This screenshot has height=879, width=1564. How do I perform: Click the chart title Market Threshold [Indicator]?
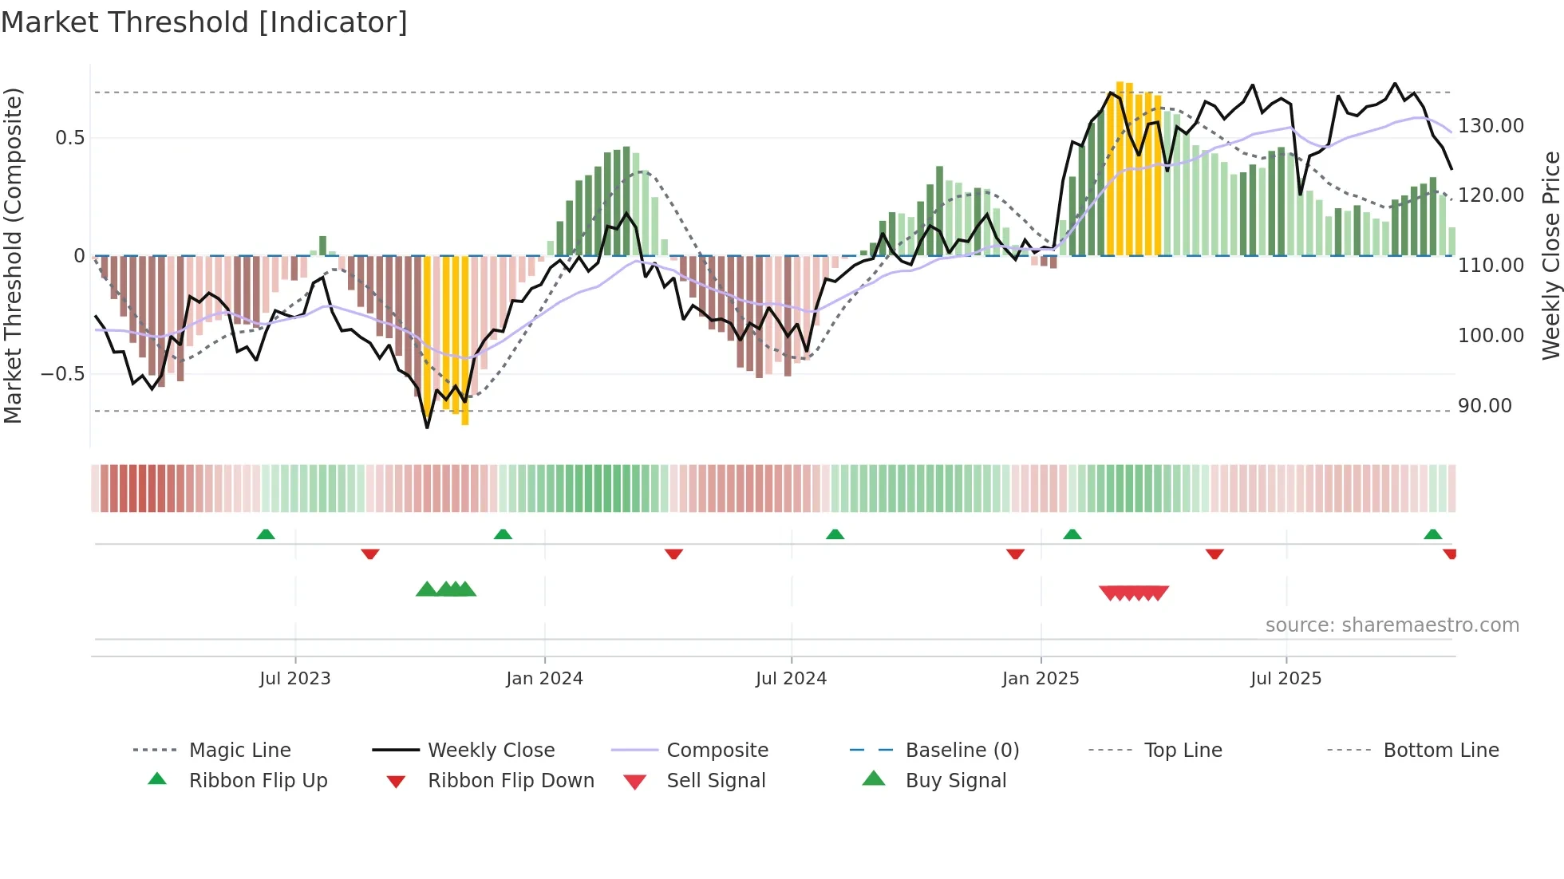[204, 22]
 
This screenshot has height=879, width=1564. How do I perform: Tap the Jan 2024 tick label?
[544, 679]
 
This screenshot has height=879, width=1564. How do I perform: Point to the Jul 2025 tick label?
[1286, 679]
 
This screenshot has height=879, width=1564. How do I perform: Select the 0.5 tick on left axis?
[69, 138]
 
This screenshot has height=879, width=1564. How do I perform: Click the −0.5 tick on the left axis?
[63, 374]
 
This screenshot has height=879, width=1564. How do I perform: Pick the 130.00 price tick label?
[1491, 126]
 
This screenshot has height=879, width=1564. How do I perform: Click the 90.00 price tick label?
[1484, 406]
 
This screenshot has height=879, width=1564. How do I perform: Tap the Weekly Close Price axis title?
[1550, 255]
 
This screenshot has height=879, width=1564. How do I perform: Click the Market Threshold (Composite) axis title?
[13, 255]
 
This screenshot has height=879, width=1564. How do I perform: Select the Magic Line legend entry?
[239, 751]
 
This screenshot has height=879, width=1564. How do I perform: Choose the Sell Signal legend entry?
[716, 781]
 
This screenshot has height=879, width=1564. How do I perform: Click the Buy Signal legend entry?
[955, 781]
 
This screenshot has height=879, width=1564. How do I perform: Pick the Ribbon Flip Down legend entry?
[511, 781]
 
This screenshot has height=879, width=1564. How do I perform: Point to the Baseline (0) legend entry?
[962, 751]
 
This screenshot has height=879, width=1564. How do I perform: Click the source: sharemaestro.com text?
[1392, 625]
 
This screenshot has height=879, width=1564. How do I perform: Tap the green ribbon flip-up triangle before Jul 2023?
[266, 534]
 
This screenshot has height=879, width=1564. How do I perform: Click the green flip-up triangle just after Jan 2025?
[1072, 534]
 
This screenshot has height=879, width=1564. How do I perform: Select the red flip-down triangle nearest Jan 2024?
[673, 554]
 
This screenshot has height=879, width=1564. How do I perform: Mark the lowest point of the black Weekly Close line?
[427, 428]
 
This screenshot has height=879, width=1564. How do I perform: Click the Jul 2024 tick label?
[791, 679]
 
